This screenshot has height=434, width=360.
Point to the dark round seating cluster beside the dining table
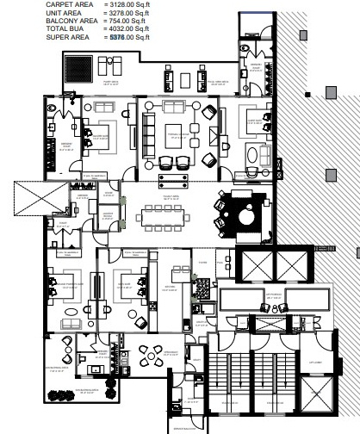coord(241,212)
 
